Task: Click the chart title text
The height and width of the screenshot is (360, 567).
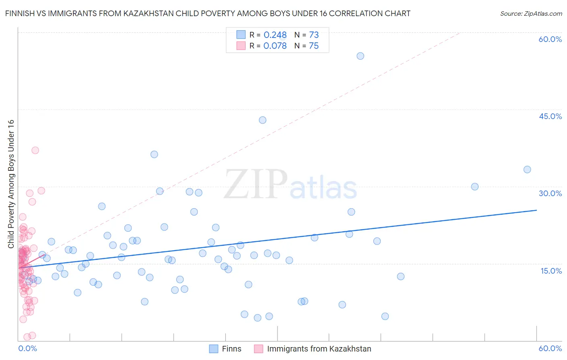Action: click(208, 13)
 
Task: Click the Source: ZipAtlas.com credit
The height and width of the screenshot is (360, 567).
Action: click(531, 14)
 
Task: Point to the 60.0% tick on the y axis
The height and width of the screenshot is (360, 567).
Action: click(550, 39)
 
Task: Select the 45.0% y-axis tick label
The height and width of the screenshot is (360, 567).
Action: click(550, 116)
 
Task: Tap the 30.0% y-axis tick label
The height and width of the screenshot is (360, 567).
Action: click(550, 193)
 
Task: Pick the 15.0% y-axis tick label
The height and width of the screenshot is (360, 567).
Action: click(551, 271)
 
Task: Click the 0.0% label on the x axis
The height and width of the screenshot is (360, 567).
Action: click(27, 348)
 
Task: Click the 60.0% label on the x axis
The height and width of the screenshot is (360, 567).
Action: click(550, 348)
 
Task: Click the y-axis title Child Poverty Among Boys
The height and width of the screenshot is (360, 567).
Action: click(11, 184)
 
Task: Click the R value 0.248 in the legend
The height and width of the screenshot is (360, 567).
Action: click(275, 35)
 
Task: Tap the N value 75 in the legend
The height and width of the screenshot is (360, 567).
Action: click(314, 46)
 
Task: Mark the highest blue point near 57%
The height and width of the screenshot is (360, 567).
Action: click(361, 56)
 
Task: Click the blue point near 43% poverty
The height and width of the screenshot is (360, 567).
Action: click(263, 120)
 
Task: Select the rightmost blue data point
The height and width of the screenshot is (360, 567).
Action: click(527, 170)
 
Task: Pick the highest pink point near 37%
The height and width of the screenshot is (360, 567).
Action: click(35, 150)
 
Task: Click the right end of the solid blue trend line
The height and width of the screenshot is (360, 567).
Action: click(536, 210)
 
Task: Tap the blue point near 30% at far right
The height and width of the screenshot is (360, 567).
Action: click(475, 186)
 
